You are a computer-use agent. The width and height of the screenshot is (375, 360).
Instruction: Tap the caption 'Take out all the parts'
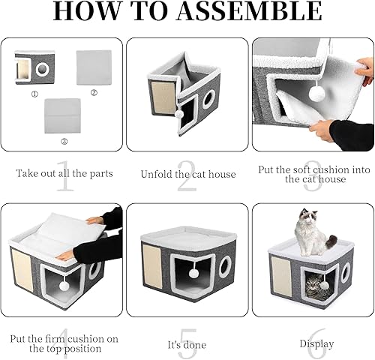(x=64, y=173)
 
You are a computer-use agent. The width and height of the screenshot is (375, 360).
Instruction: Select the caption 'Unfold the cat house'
(x=188, y=174)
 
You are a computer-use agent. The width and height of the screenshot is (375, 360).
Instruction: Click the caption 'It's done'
(x=188, y=344)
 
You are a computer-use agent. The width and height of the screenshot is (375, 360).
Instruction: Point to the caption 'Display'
(x=317, y=344)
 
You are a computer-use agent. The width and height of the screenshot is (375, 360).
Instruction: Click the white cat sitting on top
(x=312, y=232)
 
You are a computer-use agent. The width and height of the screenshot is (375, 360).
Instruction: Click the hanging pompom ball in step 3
(x=317, y=94)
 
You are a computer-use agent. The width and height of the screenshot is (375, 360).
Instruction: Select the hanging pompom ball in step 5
(x=193, y=273)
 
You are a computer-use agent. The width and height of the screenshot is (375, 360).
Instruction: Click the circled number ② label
(x=94, y=93)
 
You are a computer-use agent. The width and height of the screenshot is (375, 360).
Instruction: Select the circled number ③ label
(x=64, y=140)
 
